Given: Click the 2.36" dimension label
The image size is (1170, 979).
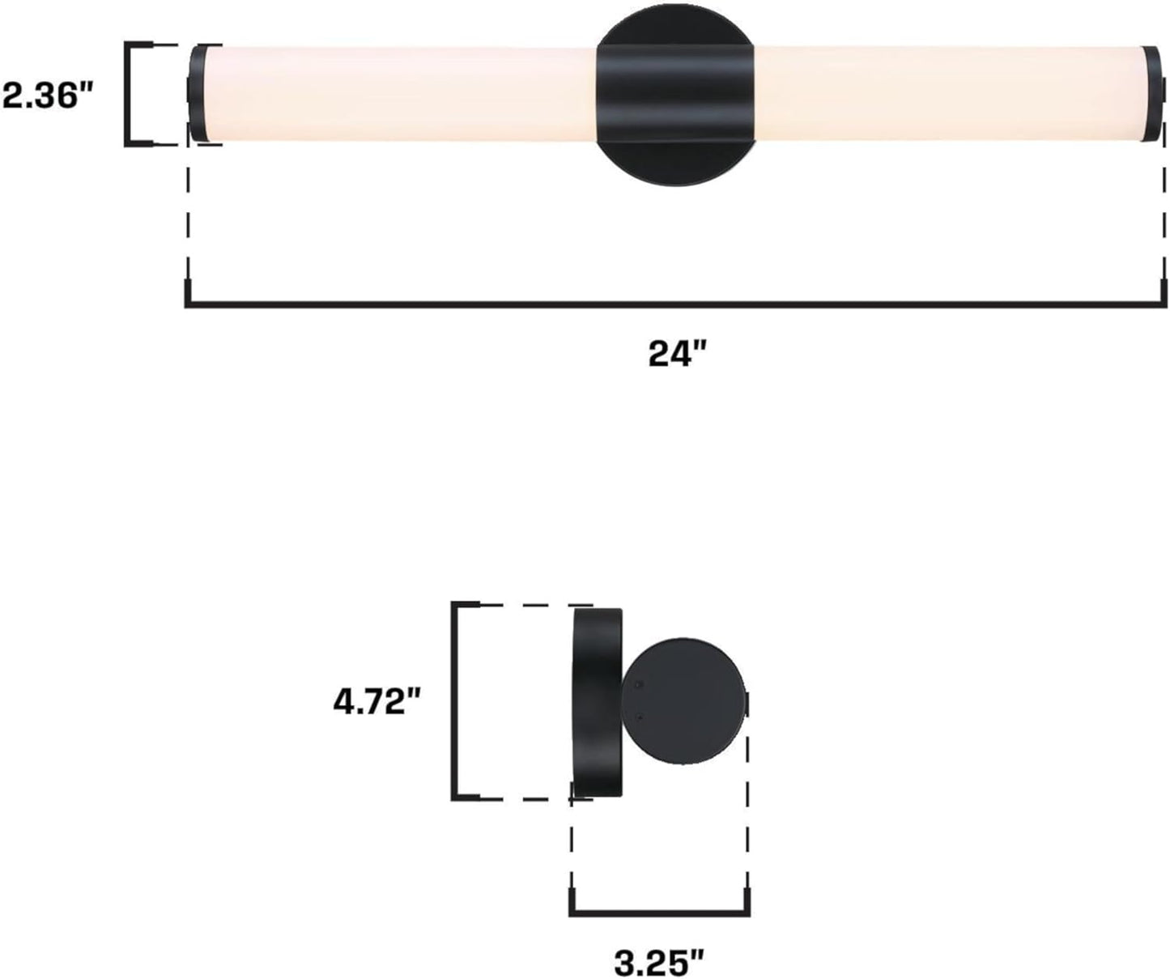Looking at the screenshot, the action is (x=47, y=96).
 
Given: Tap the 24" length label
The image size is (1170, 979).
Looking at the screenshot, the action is (x=678, y=354).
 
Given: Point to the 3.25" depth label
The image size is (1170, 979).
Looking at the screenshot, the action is (x=658, y=963).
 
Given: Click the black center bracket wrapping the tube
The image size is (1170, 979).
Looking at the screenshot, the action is (x=676, y=96).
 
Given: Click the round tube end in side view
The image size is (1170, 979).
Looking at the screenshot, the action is (x=683, y=701).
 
